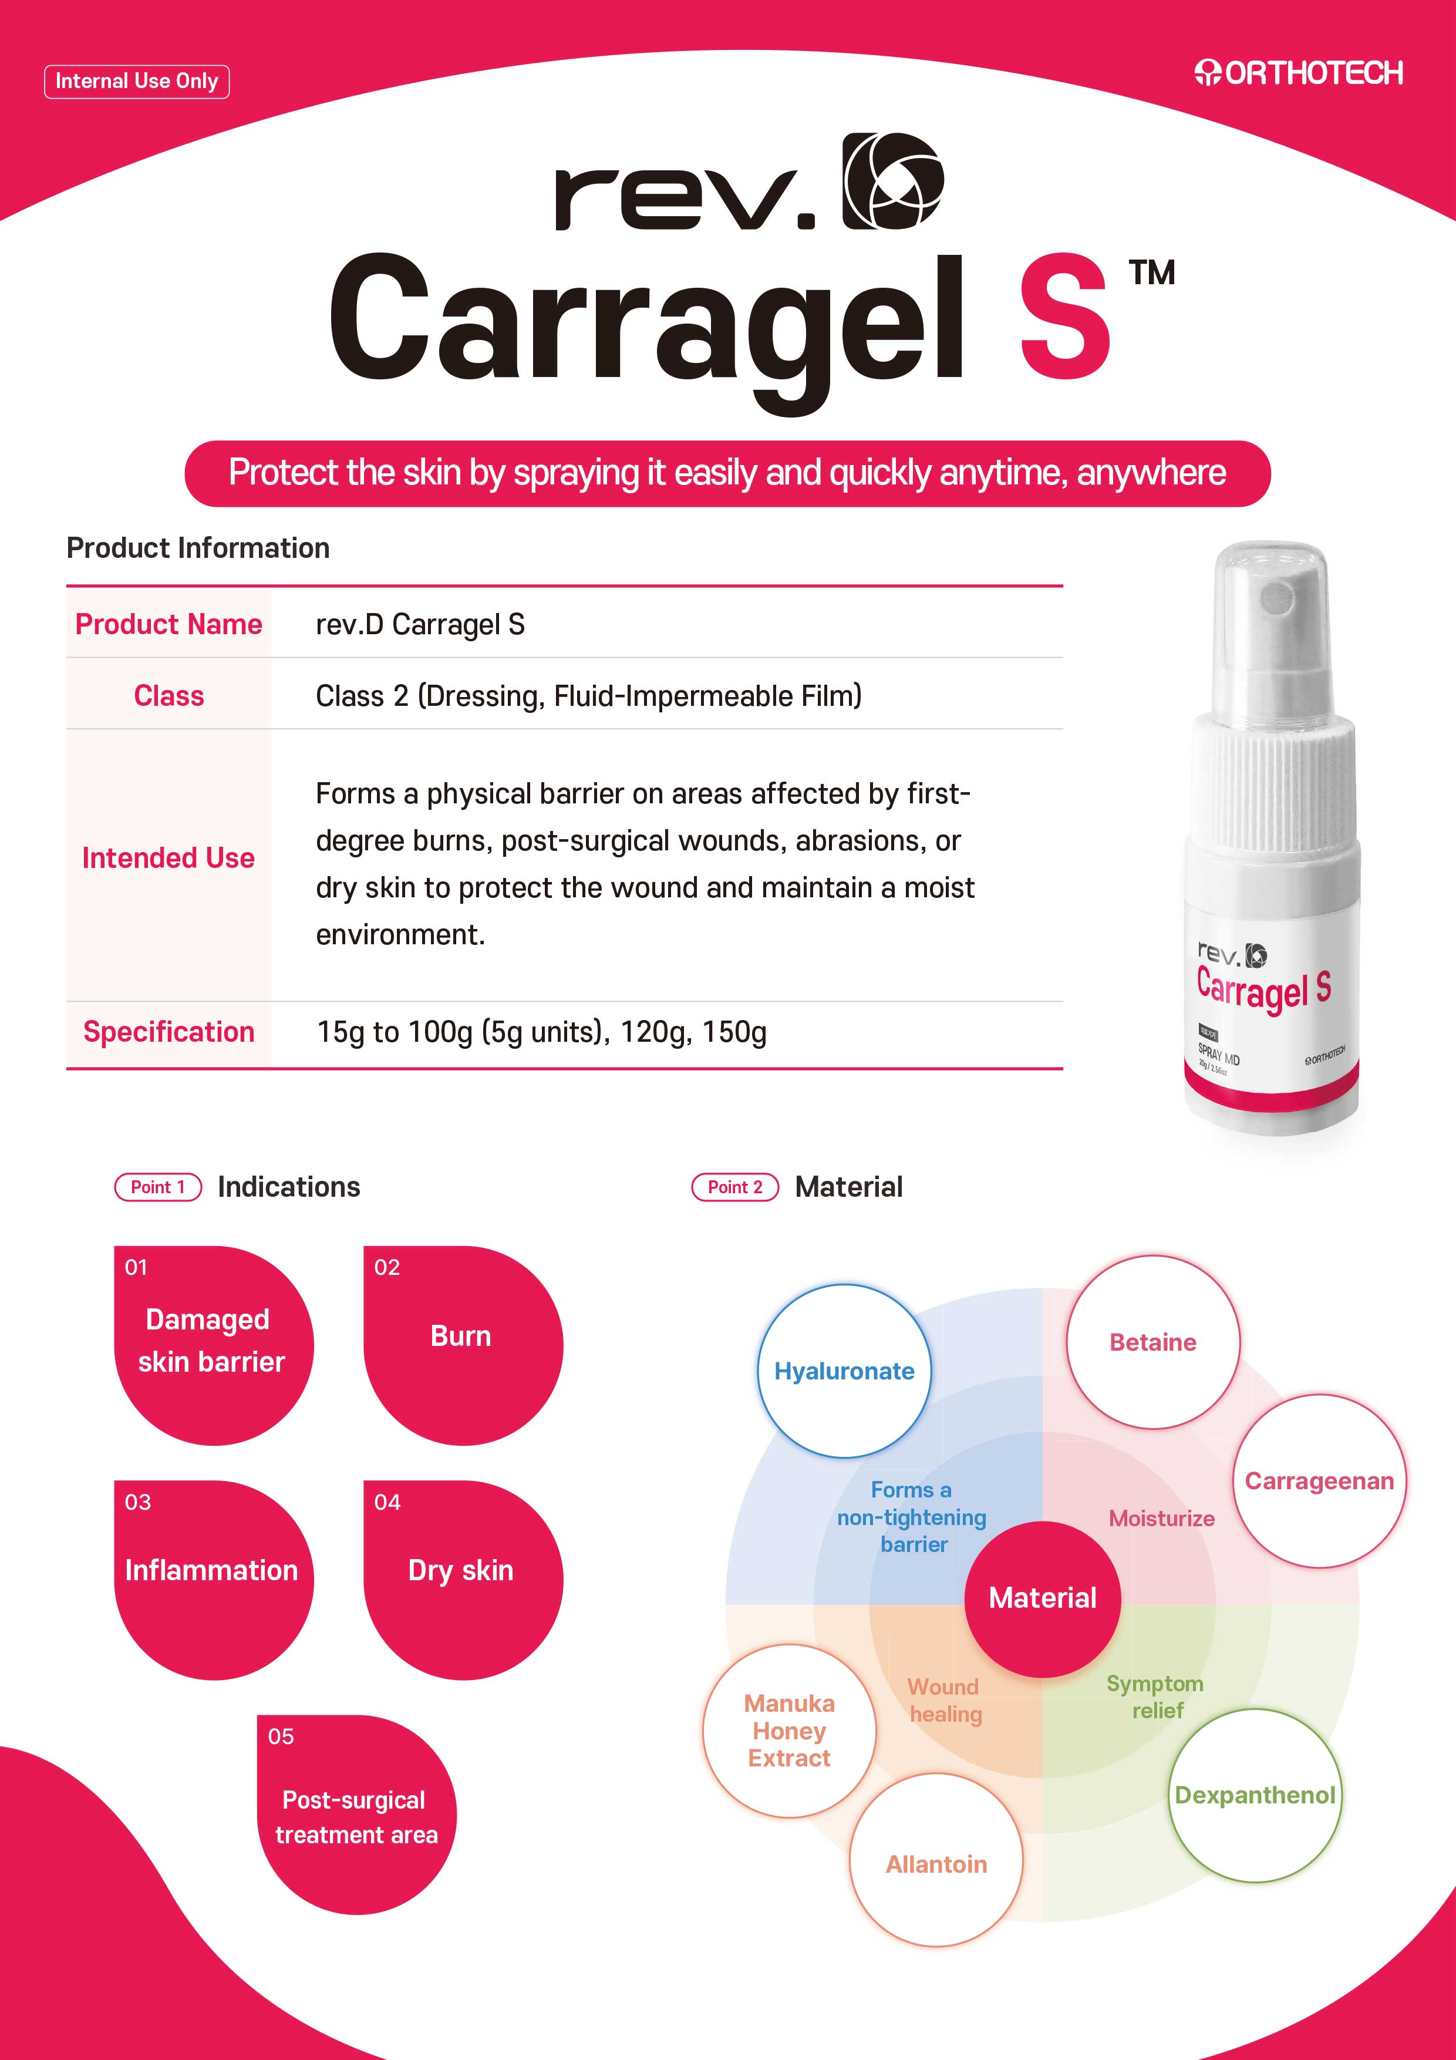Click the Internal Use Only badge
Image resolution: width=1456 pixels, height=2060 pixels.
(x=136, y=82)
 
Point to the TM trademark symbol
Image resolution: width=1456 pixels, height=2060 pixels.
(x=1152, y=272)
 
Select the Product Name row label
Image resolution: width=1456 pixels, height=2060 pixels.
(x=168, y=624)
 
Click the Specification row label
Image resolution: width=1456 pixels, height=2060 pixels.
(x=168, y=1032)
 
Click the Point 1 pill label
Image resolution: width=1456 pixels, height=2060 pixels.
(x=158, y=1187)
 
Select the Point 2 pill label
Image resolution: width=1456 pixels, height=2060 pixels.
(x=734, y=1187)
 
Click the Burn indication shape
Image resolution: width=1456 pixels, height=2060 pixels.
(x=463, y=1345)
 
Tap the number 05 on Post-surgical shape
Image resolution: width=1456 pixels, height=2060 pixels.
(x=281, y=1736)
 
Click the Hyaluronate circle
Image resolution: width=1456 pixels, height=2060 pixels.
(x=844, y=1371)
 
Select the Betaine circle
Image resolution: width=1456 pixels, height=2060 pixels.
(x=1153, y=1342)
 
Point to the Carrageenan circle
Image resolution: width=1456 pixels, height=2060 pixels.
(x=1320, y=1482)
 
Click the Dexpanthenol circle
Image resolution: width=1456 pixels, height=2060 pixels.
(x=1255, y=1795)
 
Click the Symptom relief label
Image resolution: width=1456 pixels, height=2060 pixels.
(x=1155, y=1697)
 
